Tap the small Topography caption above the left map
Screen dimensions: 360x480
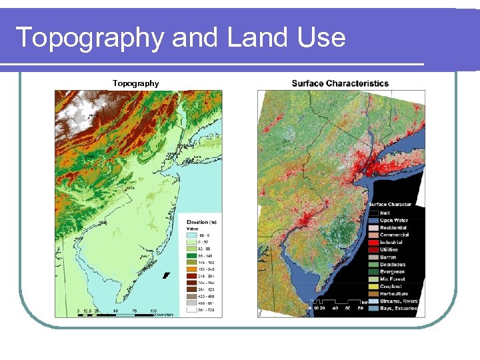tap(135, 83)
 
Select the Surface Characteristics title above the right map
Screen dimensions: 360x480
tap(340, 83)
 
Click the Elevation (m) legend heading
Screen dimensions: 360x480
tap(201, 222)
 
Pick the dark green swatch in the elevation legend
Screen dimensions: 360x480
tap(191, 256)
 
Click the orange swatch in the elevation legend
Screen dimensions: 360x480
tap(191, 270)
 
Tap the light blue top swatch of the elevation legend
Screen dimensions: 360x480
tap(191, 235)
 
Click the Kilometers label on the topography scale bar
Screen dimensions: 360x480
tap(164, 315)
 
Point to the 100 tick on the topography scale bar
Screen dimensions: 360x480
tap(154, 310)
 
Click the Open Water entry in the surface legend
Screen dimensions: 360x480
tap(395, 220)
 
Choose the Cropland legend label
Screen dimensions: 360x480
tap(391, 286)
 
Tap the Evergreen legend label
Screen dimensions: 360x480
tap(392, 271)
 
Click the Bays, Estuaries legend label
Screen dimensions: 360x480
tap(399, 308)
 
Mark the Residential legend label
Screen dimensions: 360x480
tap(393, 227)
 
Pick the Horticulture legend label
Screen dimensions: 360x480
tap(394, 293)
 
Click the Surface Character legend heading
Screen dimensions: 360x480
tap(390, 204)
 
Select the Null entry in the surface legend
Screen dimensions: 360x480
tap(386, 213)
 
